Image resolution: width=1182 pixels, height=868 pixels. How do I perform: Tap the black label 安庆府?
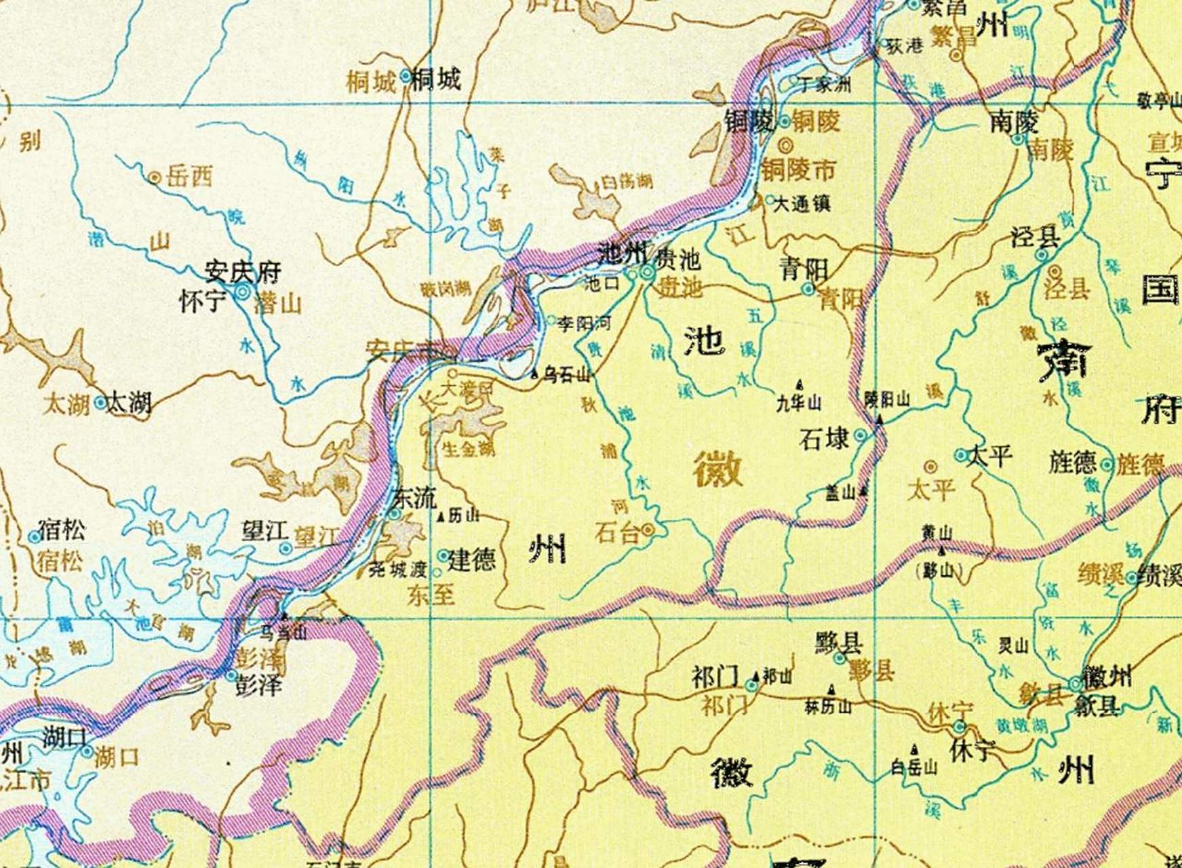click(x=243, y=273)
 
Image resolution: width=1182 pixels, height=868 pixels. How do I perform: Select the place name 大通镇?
click(x=802, y=203)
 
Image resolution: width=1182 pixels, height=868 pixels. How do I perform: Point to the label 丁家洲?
click(x=825, y=85)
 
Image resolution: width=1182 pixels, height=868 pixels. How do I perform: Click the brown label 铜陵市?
click(x=798, y=170)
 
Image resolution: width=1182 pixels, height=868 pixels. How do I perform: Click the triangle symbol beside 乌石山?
click(x=535, y=374)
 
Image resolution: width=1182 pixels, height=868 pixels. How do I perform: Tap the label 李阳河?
click(x=584, y=323)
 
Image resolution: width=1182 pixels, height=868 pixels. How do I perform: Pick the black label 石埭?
click(x=825, y=439)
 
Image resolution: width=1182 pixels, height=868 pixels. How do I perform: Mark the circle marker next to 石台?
click(x=649, y=530)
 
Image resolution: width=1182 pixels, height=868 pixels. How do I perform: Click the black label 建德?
click(x=473, y=559)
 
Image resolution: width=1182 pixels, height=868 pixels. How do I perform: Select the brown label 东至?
click(x=431, y=595)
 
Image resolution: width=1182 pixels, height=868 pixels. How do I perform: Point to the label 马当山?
click(x=283, y=632)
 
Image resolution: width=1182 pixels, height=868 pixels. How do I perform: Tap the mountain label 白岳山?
click(x=915, y=767)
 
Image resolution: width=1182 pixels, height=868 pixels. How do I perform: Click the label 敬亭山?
click(x=1159, y=102)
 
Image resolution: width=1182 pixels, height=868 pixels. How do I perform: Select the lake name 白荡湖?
click(x=627, y=182)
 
